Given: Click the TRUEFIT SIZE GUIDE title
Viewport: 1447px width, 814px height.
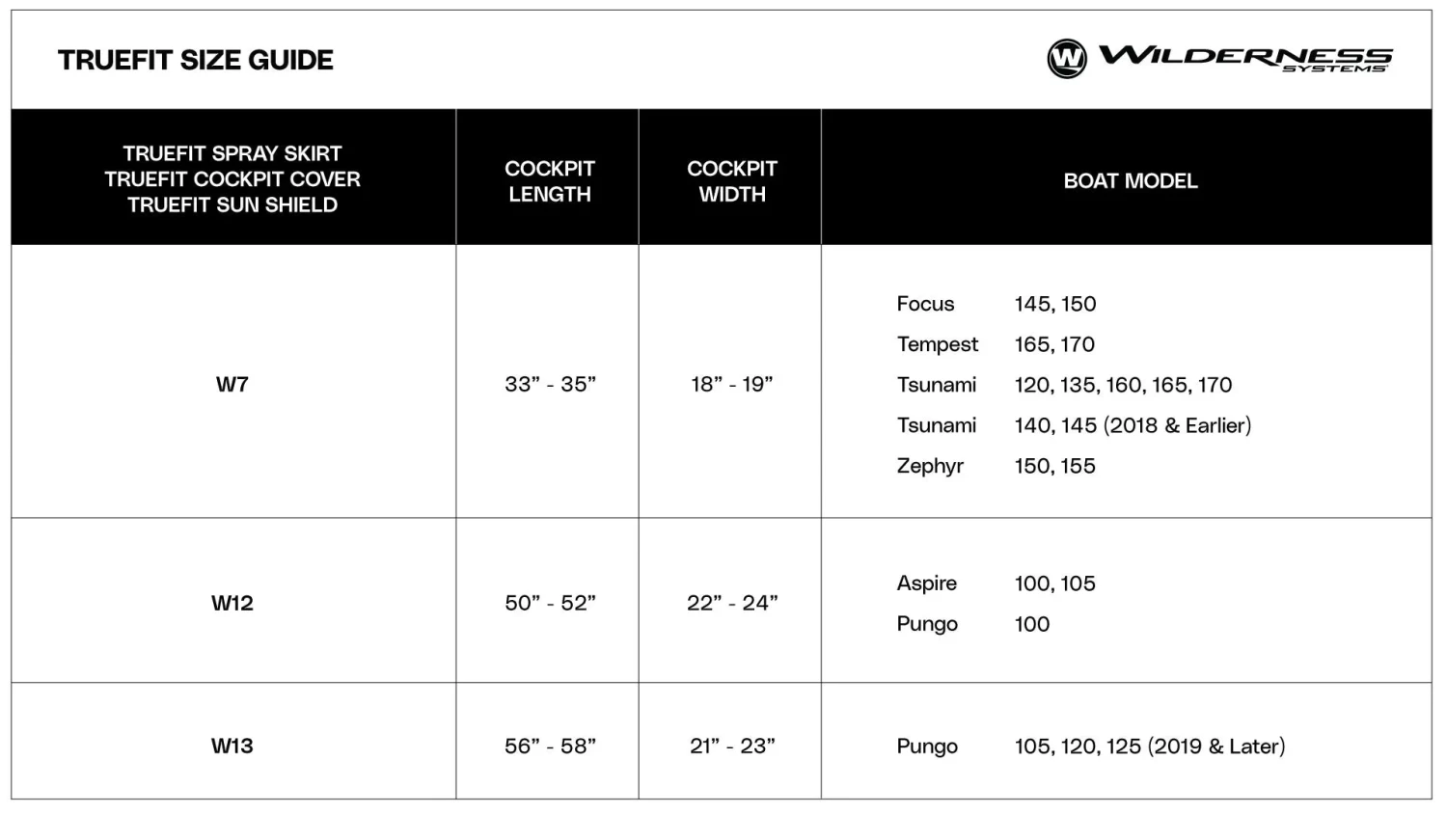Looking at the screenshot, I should [x=196, y=60].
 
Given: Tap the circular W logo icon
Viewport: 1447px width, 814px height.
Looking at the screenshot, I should [x=1067, y=59].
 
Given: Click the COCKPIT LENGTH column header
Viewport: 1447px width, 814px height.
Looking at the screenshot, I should [x=550, y=181].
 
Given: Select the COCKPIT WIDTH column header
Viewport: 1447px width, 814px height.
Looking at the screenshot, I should [x=732, y=181].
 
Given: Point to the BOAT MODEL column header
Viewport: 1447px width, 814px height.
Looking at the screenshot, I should [x=1130, y=181].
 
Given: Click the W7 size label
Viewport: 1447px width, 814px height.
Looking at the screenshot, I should [x=232, y=385].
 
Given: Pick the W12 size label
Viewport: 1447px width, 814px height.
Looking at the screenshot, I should [x=232, y=604].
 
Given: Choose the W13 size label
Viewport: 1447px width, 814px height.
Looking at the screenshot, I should [x=232, y=746].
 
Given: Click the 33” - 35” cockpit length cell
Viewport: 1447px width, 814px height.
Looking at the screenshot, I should [x=550, y=385].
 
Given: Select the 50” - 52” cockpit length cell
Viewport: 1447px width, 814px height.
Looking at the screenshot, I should [x=550, y=604].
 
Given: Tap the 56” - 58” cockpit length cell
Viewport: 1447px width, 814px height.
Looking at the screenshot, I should [x=550, y=746].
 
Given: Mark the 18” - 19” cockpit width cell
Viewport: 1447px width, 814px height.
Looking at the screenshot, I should [x=732, y=385].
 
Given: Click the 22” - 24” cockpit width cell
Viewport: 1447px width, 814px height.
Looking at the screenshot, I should [x=732, y=604].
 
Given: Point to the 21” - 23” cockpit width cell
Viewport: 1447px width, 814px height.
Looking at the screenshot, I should [x=732, y=746].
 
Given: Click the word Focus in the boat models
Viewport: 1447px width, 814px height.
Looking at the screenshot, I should [x=925, y=304].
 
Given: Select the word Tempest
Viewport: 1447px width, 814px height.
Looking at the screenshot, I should [x=937, y=344].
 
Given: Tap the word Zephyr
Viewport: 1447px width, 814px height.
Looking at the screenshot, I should [x=930, y=467].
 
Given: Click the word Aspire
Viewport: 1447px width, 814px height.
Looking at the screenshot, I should [x=926, y=583].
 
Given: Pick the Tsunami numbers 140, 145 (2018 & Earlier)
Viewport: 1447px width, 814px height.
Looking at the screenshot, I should [x=1133, y=425].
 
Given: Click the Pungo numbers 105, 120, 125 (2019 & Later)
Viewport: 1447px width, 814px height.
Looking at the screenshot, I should [x=1149, y=746].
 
